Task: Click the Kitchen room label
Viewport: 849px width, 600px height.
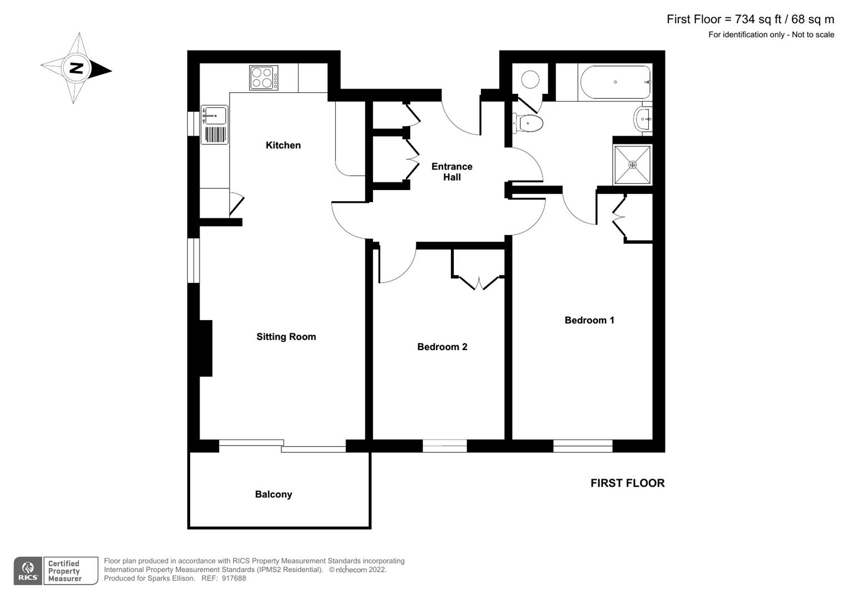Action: click(283, 145)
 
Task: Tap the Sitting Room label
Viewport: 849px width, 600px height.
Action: click(286, 337)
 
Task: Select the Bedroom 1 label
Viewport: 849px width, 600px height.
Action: click(589, 320)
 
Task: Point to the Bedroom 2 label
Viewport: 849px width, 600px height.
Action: click(442, 347)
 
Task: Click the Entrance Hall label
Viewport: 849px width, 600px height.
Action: click(451, 172)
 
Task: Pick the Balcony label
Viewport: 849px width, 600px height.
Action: click(273, 494)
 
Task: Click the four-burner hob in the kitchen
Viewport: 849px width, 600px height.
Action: click(264, 78)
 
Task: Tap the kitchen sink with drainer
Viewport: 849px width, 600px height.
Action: click(215, 124)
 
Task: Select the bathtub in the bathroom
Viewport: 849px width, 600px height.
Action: click(615, 83)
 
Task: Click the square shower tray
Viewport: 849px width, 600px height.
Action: click(632, 165)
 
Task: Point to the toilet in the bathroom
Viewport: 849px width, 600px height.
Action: click(527, 123)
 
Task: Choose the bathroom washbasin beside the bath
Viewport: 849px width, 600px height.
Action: click(643, 118)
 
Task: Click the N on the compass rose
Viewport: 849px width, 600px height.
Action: click(76, 68)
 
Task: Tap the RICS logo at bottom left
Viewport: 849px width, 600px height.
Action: click(28, 571)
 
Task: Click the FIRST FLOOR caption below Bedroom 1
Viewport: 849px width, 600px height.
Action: click(627, 483)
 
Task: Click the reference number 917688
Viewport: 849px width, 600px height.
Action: click(233, 578)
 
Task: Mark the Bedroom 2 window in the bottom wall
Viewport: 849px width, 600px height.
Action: click(444, 446)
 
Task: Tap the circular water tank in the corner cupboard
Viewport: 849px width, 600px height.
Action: click(530, 79)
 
